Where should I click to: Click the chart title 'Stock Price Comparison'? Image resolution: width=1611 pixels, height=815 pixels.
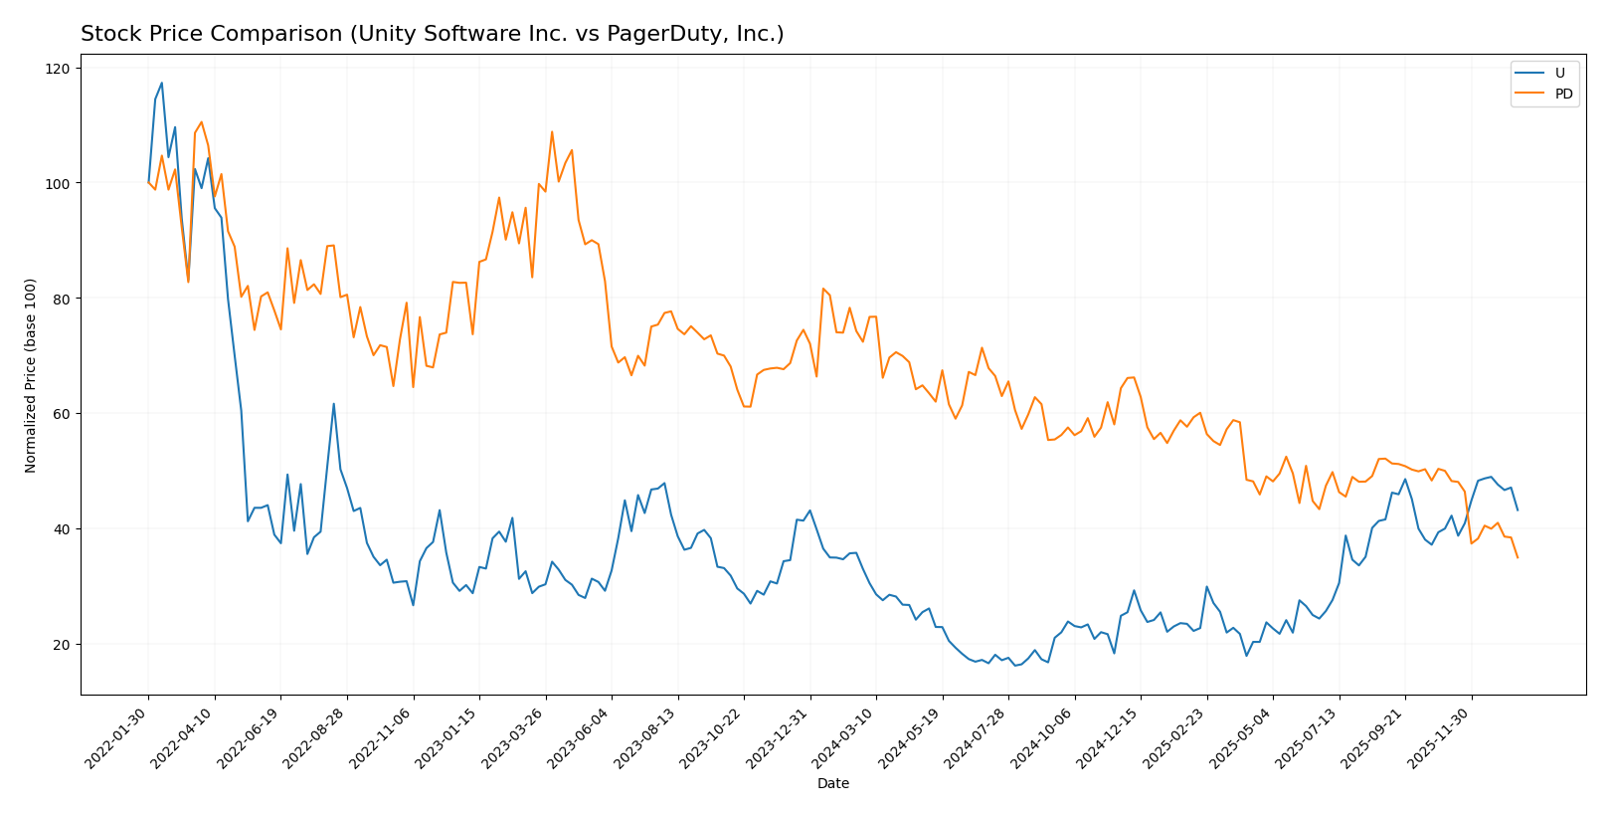[x=432, y=35]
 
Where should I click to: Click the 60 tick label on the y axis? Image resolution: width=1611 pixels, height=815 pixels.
[x=62, y=414]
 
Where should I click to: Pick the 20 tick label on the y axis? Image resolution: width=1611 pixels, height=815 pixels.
[x=62, y=645]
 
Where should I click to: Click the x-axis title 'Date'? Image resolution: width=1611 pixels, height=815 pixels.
[x=833, y=784]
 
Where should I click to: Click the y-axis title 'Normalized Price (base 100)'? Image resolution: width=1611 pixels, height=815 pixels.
[x=31, y=375]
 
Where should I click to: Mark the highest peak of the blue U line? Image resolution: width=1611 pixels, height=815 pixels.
[x=162, y=84]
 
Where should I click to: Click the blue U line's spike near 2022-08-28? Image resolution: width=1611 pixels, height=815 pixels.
[x=334, y=404]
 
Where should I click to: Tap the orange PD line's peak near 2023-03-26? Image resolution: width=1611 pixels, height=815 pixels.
[x=552, y=132]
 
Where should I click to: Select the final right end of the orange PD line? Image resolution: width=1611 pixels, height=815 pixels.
[x=1518, y=557]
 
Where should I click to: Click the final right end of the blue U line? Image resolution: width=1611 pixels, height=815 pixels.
[x=1518, y=509]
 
